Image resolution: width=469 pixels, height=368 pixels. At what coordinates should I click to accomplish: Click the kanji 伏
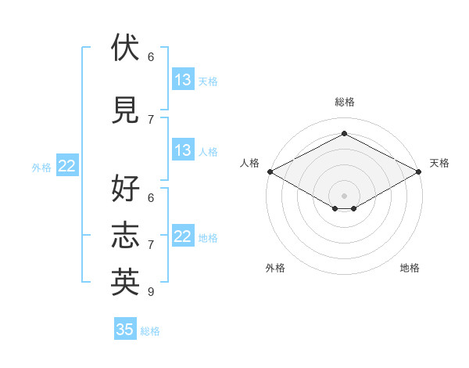click(x=125, y=47)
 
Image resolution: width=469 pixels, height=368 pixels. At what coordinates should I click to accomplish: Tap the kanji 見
click(x=125, y=110)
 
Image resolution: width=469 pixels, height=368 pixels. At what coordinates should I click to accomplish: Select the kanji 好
click(x=125, y=188)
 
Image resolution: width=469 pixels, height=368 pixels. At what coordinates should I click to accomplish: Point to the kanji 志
click(x=125, y=235)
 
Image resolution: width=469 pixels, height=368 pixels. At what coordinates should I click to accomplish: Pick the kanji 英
click(x=125, y=282)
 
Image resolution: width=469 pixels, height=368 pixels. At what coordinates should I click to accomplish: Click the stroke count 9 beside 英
click(x=151, y=291)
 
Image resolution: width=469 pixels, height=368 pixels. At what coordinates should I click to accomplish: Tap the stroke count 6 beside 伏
click(x=151, y=57)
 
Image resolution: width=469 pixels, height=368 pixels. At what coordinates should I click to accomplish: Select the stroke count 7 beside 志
click(x=151, y=245)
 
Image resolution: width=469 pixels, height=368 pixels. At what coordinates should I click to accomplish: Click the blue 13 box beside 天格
click(x=183, y=79)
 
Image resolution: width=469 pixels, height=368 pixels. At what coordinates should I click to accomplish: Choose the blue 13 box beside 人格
click(x=183, y=150)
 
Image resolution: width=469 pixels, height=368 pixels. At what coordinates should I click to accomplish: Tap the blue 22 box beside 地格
click(x=183, y=235)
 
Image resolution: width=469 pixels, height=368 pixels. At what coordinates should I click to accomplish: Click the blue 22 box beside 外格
click(x=67, y=165)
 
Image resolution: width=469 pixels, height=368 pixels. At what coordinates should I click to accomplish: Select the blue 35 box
click(x=125, y=328)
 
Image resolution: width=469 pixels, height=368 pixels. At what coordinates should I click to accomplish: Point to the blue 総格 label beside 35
click(x=150, y=331)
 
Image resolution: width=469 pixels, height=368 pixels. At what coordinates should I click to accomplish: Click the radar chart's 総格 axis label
click(x=345, y=102)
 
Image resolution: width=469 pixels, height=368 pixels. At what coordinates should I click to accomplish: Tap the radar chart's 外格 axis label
click(x=275, y=268)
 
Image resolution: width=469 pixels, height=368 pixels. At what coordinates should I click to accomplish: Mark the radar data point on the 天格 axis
click(x=419, y=171)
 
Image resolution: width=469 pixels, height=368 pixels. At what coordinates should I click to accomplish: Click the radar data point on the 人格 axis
click(x=270, y=171)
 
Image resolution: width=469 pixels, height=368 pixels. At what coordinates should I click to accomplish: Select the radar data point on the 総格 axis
click(x=344, y=133)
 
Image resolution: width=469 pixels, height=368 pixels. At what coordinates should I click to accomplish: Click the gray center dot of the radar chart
click(x=344, y=196)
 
